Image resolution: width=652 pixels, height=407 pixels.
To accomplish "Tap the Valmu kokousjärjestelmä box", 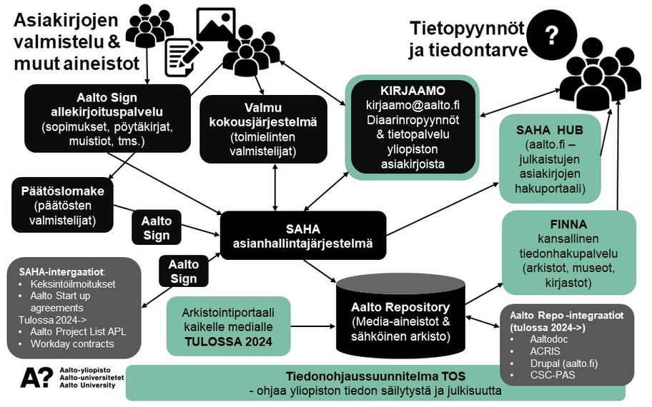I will tap(260, 128).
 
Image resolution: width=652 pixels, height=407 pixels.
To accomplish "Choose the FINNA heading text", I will tap(569, 224).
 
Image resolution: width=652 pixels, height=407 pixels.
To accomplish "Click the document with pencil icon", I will tap(182, 56).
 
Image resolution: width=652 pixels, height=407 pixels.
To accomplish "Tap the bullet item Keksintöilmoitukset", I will tap(68, 283).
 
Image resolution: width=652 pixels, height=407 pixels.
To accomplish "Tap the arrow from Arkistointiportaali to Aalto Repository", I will tap(315, 326).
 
